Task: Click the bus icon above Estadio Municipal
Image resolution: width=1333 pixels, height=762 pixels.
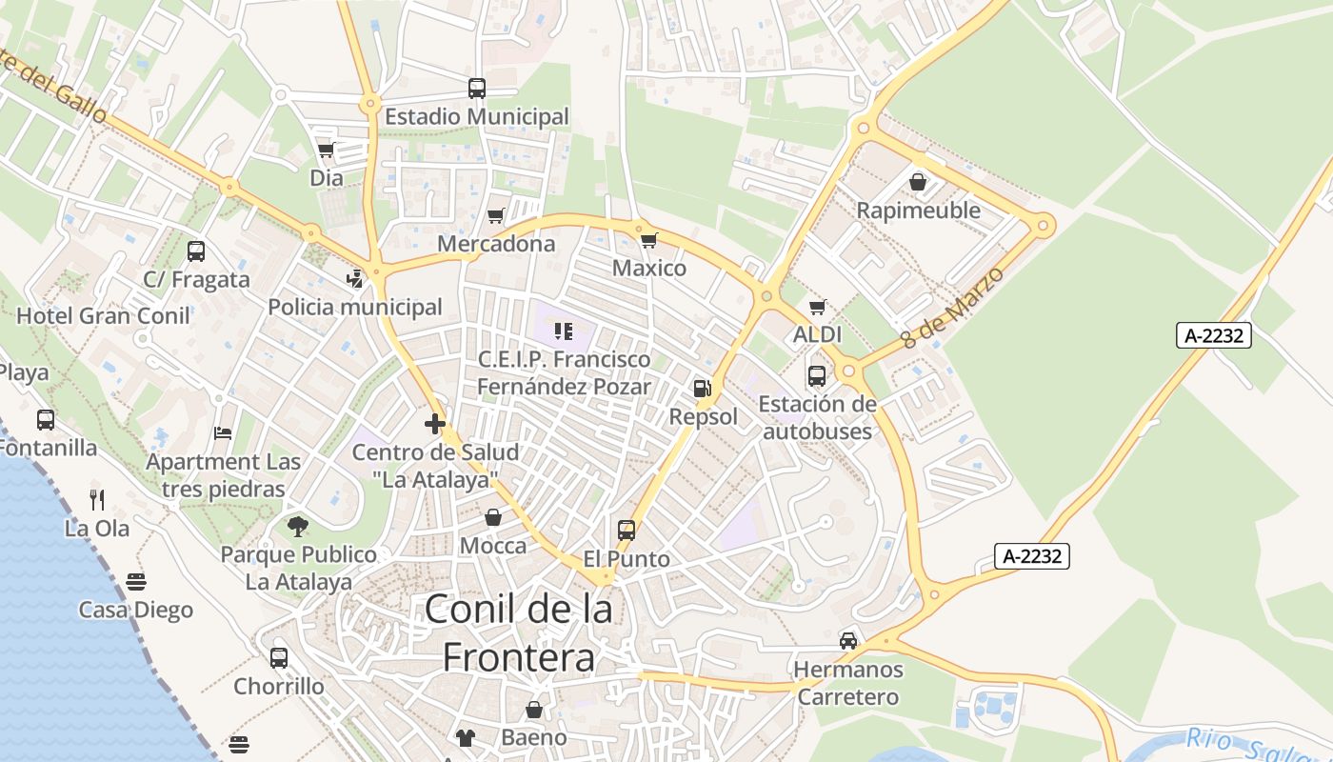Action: (x=477, y=89)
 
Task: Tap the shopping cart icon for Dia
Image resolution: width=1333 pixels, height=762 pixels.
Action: (x=327, y=150)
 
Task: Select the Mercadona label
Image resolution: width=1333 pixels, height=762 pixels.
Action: (x=496, y=244)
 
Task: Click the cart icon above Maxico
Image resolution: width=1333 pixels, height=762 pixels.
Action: (x=648, y=240)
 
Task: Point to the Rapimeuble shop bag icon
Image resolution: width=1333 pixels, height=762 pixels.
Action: (x=918, y=181)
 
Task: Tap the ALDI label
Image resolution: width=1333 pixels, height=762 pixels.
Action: (x=817, y=334)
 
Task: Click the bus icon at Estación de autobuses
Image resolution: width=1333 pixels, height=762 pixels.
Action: (x=817, y=376)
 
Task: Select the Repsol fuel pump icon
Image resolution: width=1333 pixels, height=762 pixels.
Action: (x=703, y=389)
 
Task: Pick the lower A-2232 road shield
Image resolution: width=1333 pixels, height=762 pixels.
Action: (x=1032, y=556)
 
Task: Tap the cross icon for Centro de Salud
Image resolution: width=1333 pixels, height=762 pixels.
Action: (x=435, y=424)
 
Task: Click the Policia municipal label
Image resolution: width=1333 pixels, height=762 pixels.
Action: (x=355, y=307)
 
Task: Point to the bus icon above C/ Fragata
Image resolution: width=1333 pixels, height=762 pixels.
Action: (x=196, y=251)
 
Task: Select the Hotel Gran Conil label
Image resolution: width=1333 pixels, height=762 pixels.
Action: (x=104, y=315)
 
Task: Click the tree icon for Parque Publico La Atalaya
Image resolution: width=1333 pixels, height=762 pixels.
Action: (x=298, y=526)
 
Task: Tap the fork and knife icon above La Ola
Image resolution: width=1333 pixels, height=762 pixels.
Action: (x=97, y=499)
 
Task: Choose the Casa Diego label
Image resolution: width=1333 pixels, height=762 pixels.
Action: (x=136, y=610)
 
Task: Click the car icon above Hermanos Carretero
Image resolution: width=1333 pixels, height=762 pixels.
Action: (x=847, y=640)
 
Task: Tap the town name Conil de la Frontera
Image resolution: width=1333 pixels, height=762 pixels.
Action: (x=519, y=632)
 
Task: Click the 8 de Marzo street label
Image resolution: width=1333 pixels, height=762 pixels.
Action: (x=953, y=307)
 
